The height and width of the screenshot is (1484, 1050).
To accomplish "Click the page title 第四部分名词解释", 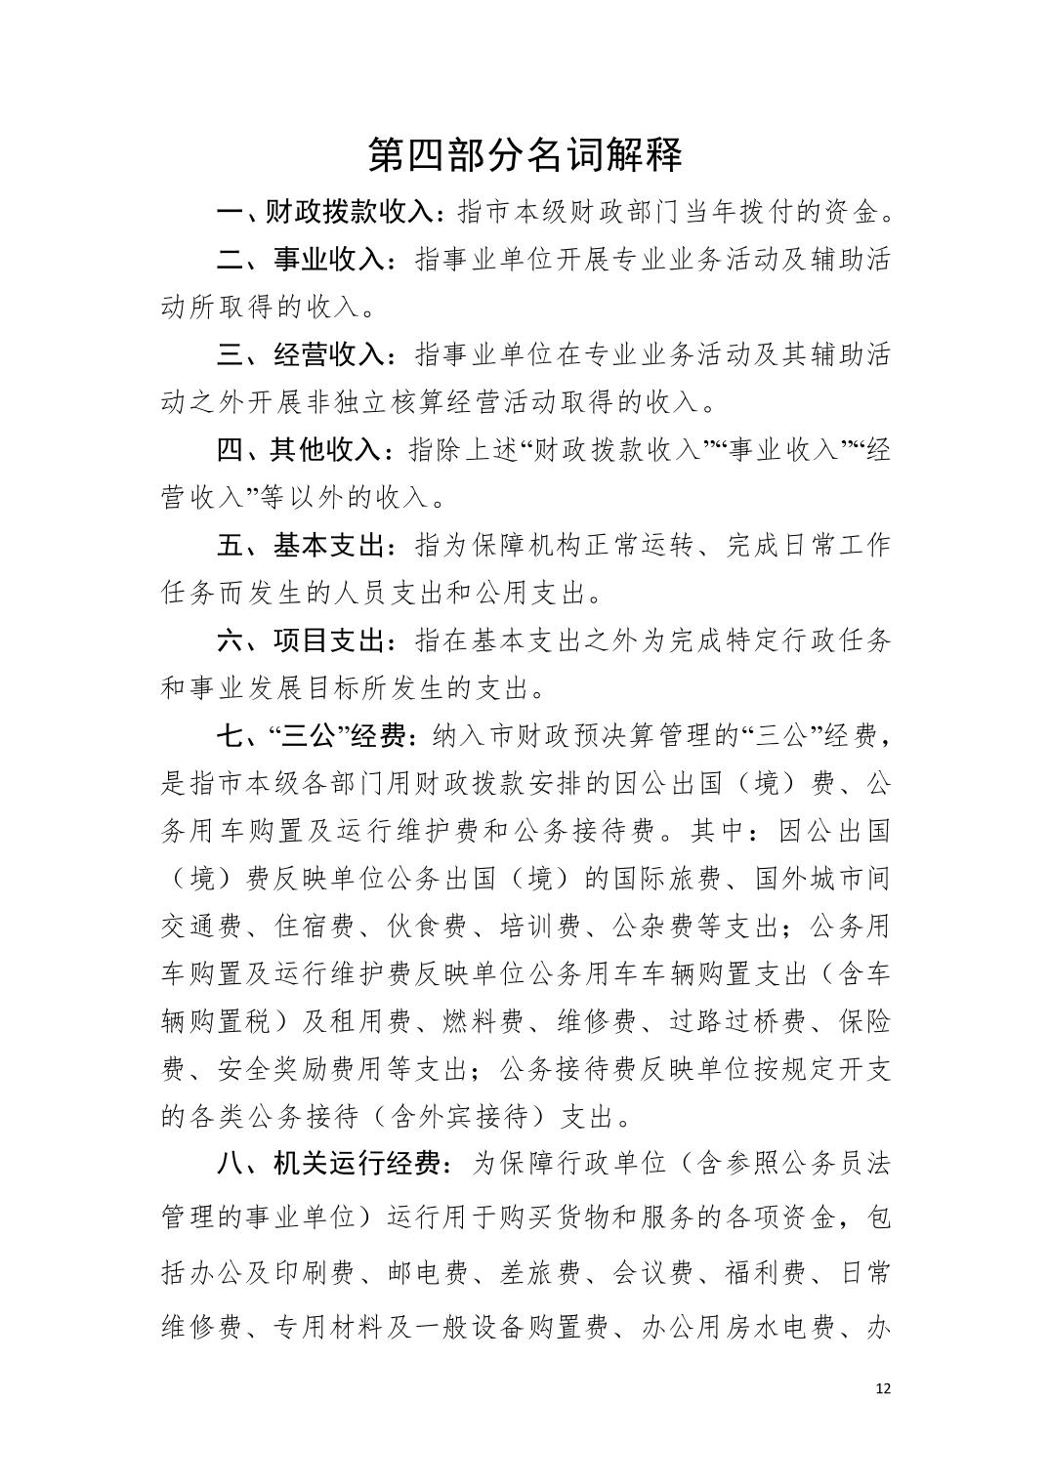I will [525, 154].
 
